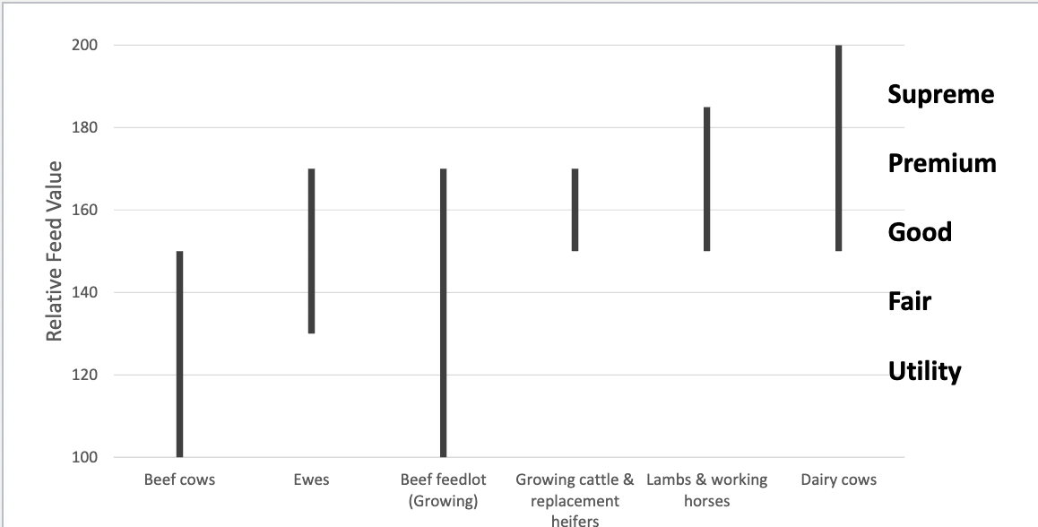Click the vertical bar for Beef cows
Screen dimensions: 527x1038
179,354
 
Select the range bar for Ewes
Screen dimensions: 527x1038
311,251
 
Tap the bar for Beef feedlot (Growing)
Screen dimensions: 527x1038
443,313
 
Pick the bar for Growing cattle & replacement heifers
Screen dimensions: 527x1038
575,210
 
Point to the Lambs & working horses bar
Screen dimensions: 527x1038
706,179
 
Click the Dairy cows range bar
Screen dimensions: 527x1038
838,148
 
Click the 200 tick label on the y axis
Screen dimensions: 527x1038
84,45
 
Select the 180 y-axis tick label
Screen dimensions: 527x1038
84,127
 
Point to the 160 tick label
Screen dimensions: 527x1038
84,210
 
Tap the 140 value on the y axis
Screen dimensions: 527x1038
84,292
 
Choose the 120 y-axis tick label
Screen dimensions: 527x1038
84,375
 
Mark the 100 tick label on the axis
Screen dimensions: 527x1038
84,457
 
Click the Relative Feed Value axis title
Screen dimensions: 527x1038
55,251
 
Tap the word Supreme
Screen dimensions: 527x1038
940,94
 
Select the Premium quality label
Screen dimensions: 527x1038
941,163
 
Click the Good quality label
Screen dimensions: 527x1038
920,232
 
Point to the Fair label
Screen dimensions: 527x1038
909,301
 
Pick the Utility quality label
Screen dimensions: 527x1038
924,371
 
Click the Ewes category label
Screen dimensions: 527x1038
311,479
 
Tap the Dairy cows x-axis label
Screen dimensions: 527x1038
838,479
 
